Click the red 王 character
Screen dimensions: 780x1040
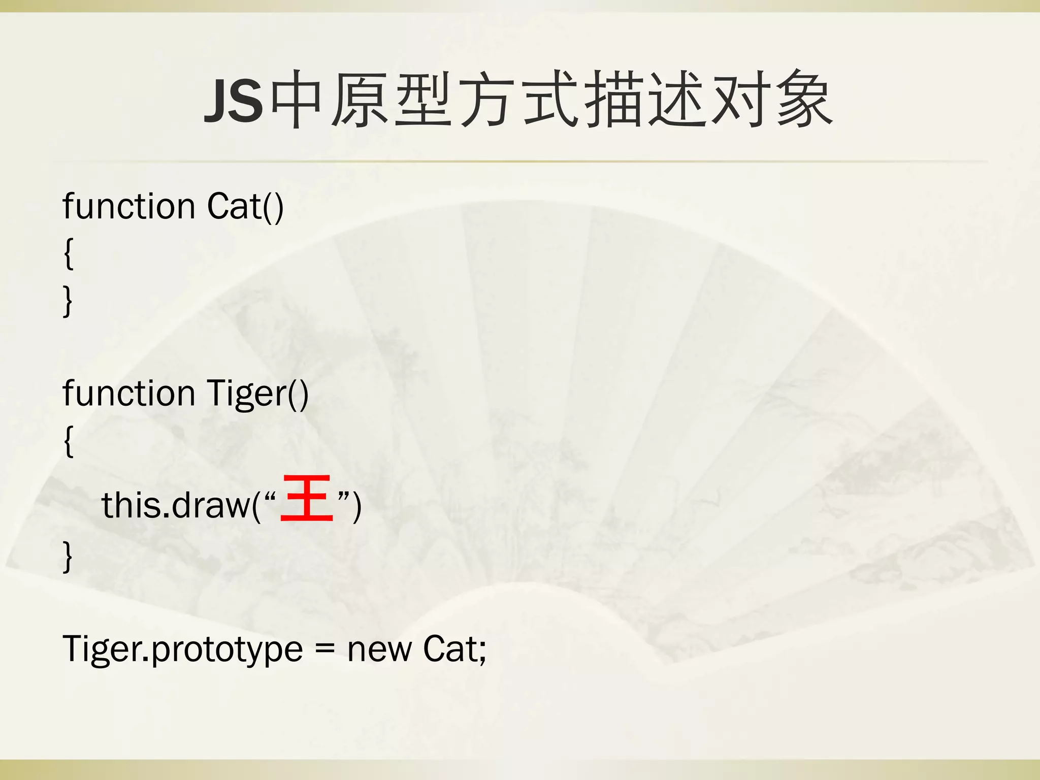point(307,498)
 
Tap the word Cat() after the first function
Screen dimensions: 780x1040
point(245,207)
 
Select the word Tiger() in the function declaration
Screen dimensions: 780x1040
point(257,394)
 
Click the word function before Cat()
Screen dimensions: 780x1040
point(129,207)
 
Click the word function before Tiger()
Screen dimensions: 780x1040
point(129,394)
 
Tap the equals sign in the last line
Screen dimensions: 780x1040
point(325,650)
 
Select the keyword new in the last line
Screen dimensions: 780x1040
point(379,650)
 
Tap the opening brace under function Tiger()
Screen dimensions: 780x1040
point(69,441)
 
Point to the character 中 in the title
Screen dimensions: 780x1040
point(297,99)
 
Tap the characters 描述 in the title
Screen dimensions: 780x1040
point(646,99)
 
